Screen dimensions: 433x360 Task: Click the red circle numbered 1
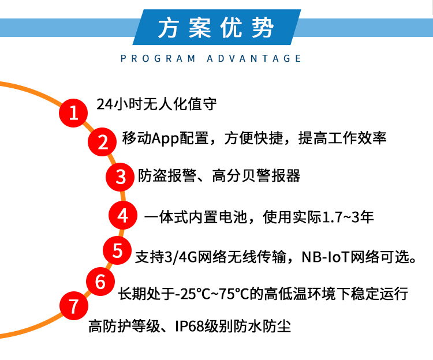point(73,113)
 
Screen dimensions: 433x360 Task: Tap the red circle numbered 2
point(102,142)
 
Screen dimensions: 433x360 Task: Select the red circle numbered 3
point(120,177)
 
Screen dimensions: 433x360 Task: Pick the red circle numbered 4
point(123,215)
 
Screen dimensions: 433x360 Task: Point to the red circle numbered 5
point(117,250)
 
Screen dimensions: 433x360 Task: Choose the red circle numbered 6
point(100,282)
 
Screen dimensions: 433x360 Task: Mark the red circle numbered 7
point(74,306)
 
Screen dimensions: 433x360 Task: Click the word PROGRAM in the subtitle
point(158,58)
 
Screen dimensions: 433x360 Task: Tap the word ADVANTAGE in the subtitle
point(254,58)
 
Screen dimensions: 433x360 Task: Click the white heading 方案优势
point(216,28)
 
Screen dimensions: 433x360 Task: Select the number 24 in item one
point(104,104)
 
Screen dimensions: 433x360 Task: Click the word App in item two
point(166,138)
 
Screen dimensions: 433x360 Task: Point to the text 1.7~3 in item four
point(341,217)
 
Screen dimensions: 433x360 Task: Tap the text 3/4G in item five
point(181,257)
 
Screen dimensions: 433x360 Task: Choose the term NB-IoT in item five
point(326,257)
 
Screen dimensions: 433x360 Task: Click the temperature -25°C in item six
point(193,294)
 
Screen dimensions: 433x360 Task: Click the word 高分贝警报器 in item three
point(256,176)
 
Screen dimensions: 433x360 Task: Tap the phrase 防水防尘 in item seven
point(263,327)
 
